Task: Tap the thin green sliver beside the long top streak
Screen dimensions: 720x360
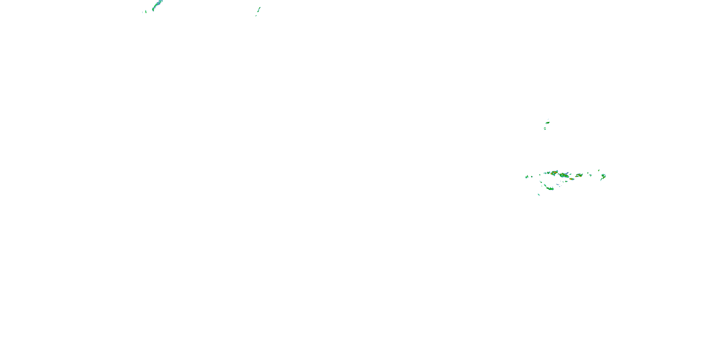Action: coord(146,12)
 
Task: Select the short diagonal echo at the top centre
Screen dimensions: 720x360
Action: coord(259,10)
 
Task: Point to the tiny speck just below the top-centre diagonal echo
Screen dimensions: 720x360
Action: coord(256,15)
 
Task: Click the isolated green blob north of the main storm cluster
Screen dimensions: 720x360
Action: coord(547,122)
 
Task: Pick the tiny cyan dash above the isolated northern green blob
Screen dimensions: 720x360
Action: coord(548,119)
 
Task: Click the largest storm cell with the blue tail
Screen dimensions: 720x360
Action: coord(564,175)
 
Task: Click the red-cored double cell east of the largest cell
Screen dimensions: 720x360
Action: coord(579,175)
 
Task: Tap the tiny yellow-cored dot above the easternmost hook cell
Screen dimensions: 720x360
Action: coord(599,170)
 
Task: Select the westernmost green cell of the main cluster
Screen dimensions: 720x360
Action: coord(527,177)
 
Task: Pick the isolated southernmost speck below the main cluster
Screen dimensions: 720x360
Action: coord(539,195)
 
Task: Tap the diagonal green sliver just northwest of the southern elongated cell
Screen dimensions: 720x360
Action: coord(545,185)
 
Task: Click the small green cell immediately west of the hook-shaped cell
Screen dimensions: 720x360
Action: coord(590,175)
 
